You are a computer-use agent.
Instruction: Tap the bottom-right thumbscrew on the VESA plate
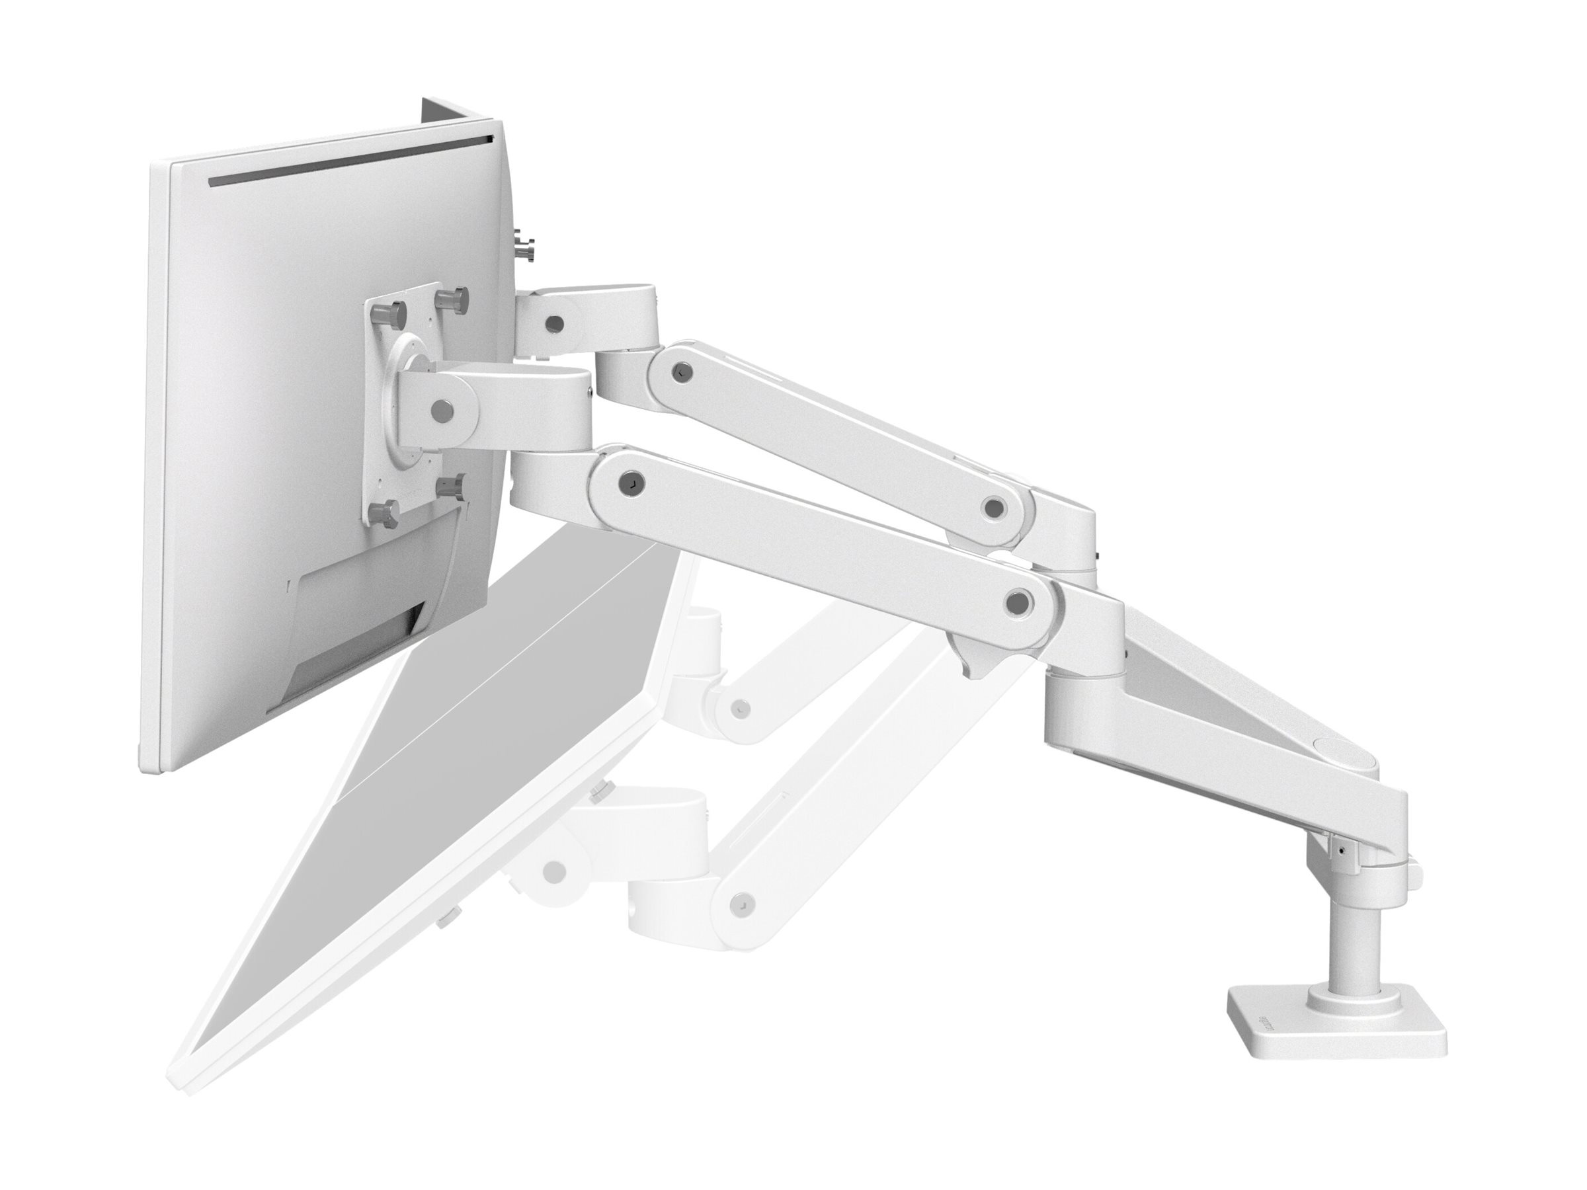pos(454,486)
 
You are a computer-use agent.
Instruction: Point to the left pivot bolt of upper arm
pos(678,372)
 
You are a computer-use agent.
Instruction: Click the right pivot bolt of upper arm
pos(994,508)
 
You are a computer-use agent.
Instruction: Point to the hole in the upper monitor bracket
pos(554,323)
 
